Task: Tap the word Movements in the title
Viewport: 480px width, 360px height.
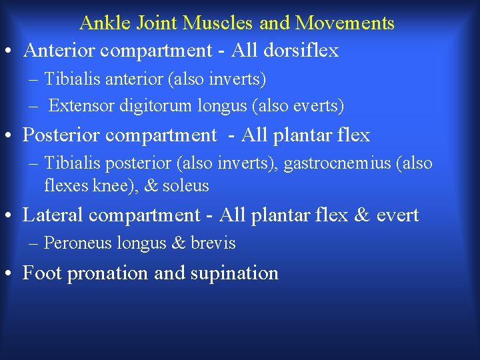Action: pos(345,23)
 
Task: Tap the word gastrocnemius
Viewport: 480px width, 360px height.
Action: pos(337,163)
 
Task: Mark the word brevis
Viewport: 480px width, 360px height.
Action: pos(213,243)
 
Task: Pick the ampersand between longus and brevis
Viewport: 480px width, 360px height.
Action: pos(178,243)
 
